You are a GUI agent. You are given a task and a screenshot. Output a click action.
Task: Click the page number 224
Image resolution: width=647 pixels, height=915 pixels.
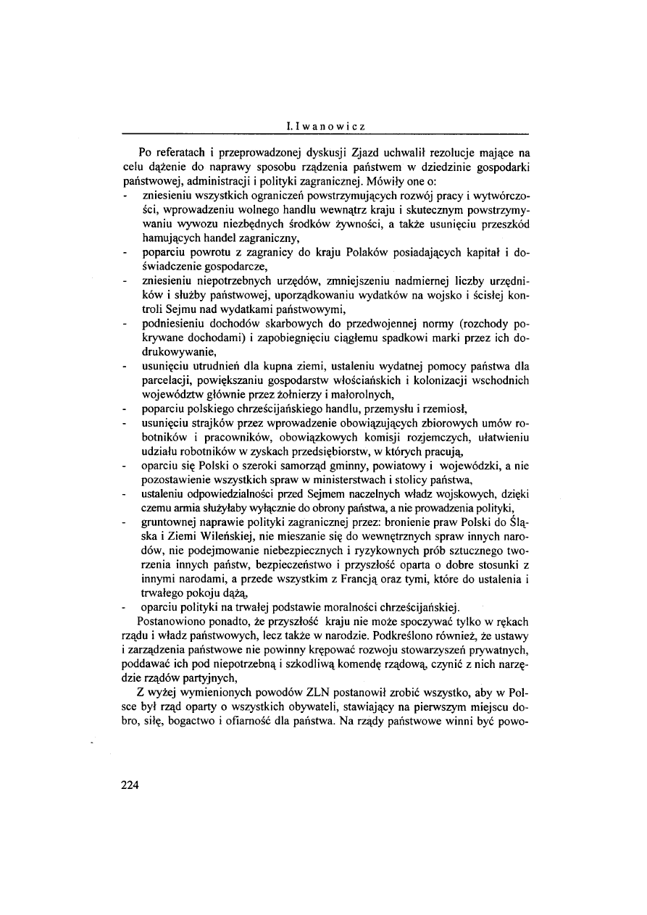click(x=128, y=785)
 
